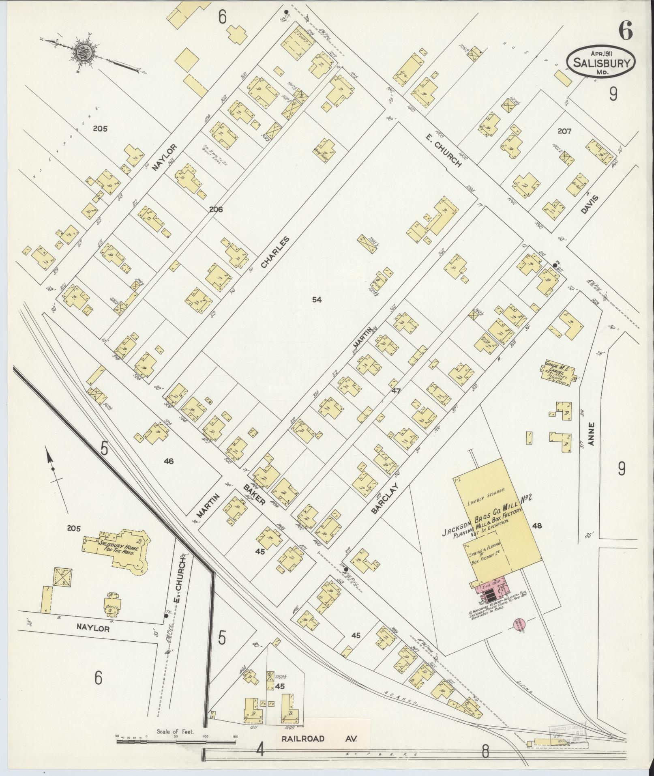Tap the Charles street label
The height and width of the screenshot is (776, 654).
(x=275, y=253)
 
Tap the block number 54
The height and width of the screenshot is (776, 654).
(x=317, y=300)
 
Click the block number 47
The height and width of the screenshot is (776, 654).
(x=396, y=391)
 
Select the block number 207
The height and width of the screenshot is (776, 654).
(x=564, y=131)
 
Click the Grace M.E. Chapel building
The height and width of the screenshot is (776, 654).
(x=558, y=371)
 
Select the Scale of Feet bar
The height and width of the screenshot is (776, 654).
(x=176, y=741)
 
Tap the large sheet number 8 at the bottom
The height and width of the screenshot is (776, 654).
(x=485, y=752)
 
